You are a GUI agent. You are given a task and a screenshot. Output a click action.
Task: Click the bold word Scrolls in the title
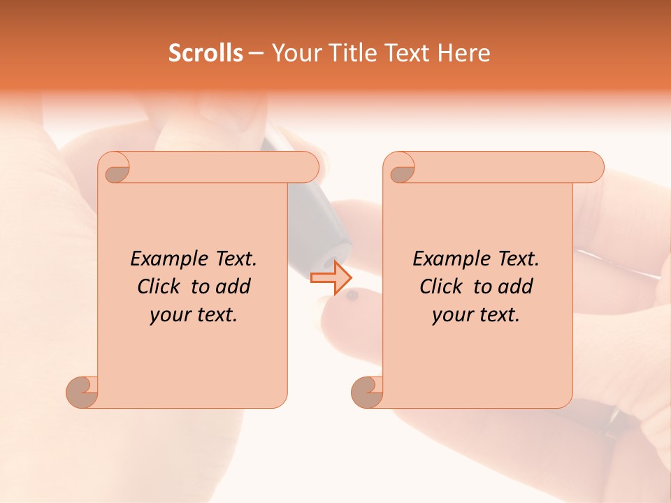click(205, 53)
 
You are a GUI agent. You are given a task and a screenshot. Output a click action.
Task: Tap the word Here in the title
click(463, 53)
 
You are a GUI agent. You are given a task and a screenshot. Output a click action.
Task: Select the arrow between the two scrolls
click(331, 278)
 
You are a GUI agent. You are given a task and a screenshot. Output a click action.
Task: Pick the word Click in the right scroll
click(441, 286)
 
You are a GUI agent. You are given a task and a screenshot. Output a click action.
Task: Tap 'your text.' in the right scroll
click(476, 315)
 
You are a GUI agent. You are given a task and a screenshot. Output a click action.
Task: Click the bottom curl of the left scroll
click(82, 391)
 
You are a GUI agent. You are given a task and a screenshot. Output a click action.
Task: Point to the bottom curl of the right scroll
click(367, 391)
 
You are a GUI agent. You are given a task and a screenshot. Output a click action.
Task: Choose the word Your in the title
click(291, 53)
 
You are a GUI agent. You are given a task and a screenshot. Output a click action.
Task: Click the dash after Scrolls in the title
click(256, 53)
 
